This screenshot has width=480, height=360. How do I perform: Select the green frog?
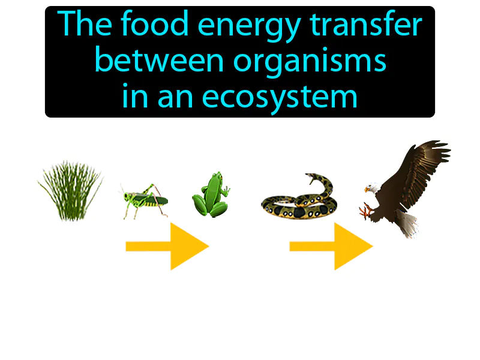210,195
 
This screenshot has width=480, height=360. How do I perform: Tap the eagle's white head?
373,188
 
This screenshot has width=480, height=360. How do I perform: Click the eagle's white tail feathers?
407,226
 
